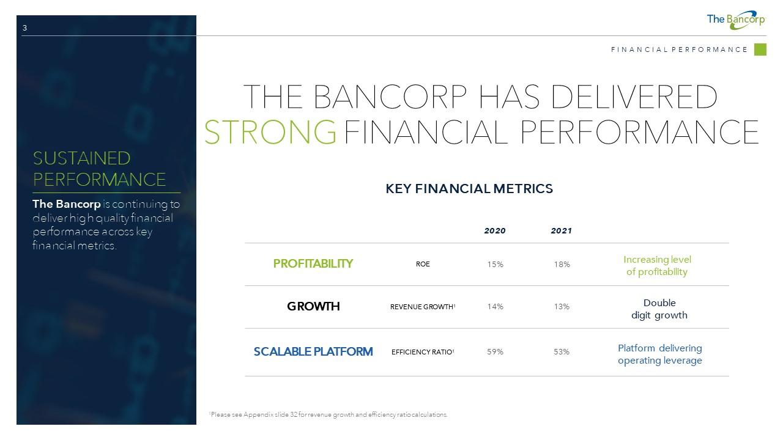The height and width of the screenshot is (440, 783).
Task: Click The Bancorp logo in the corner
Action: (736, 20)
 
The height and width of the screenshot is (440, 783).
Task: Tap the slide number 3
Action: (24, 28)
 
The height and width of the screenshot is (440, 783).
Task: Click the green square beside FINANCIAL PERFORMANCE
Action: (760, 50)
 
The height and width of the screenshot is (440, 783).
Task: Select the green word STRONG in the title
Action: (270, 132)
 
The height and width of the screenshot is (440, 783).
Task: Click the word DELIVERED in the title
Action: (634, 97)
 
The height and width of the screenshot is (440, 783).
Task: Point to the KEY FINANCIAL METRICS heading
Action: (469, 189)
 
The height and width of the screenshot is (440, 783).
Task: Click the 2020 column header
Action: (495, 231)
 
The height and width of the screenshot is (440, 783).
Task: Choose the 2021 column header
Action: (562, 231)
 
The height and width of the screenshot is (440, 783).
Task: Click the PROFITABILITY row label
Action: (313, 263)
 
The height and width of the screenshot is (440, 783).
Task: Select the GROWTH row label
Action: (313, 306)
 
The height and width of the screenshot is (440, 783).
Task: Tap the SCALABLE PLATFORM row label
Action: (313, 351)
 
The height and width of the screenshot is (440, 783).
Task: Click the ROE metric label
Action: (423, 264)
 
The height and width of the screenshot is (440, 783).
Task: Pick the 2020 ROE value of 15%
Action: (495, 265)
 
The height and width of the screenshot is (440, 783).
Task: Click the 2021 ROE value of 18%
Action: (562, 265)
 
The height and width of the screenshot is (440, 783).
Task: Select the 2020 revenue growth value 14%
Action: (495, 307)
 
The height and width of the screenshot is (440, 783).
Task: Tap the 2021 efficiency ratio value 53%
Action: (562, 351)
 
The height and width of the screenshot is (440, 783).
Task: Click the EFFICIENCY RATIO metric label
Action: (423, 352)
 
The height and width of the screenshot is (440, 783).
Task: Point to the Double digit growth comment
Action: (659, 309)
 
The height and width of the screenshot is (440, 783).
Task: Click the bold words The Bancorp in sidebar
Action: (67, 204)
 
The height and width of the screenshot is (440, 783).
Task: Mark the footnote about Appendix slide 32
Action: (328, 414)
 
